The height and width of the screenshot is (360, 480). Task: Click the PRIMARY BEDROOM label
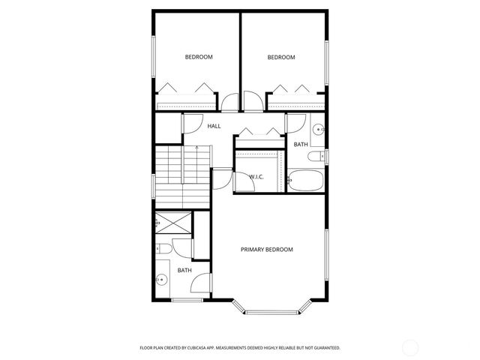(x=266, y=249)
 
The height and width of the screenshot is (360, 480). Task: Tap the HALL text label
(x=214, y=126)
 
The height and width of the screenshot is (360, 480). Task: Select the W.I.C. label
(x=256, y=176)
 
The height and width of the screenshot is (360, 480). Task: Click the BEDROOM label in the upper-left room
(x=199, y=57)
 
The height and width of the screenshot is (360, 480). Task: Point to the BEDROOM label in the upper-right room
(x=281, y=57)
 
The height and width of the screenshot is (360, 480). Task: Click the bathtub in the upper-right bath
(x=306, y=181)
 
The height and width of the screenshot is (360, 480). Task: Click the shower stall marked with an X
(x=172, y=223)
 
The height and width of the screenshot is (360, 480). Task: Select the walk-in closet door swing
(x=222, y=178)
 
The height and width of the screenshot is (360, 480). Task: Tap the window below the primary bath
(x=187, y=301)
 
